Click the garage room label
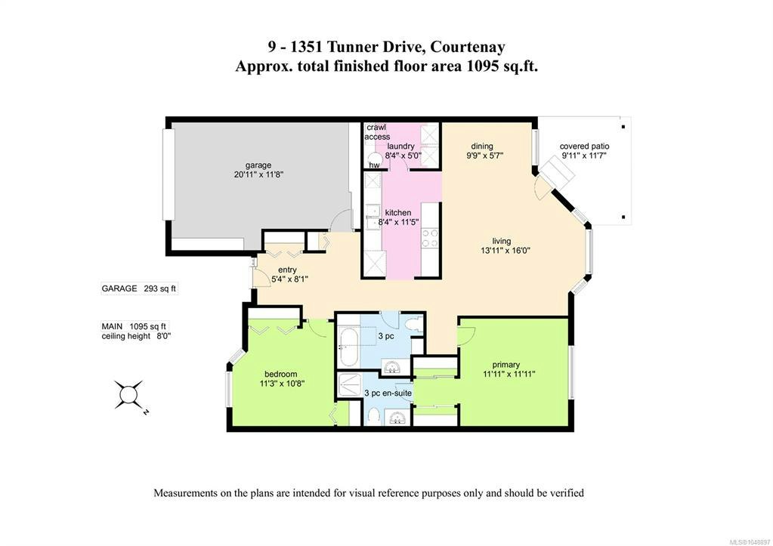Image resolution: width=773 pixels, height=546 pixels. [x=258, y=165]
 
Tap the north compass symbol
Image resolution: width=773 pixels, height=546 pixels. [x=128, y=394]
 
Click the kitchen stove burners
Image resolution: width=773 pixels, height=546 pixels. [x=431, y=239]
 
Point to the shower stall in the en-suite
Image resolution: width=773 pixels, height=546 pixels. [x=350, y=385]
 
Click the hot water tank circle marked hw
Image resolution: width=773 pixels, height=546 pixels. [x=375, y=160]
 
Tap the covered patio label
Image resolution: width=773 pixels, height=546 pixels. [x=584, y=147]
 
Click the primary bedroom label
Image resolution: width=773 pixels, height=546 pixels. [x=506, y=365]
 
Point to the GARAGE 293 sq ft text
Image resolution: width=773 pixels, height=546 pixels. [x=138, y=288]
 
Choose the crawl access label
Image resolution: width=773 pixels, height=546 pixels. [x=377, y=132]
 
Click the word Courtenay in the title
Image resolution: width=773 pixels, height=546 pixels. [x=467, y=47]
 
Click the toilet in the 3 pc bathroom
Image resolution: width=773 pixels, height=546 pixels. [x=416, y=325]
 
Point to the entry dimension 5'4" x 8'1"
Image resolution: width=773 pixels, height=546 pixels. [x=290, y=279]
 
